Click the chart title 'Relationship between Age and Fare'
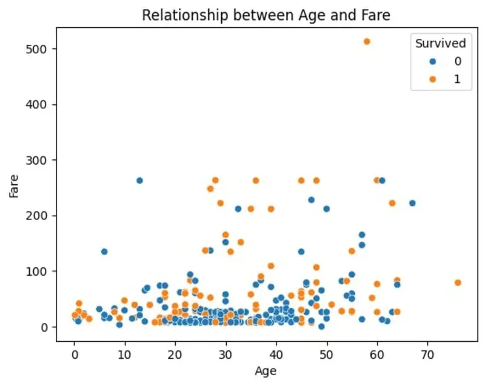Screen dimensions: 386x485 [266, 16]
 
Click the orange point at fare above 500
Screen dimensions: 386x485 [367, 41]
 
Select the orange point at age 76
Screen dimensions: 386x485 [458, 282]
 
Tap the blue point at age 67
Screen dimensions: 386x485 [412, 203]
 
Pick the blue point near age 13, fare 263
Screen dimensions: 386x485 [140, 181]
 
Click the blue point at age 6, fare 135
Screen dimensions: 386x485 [104, 251]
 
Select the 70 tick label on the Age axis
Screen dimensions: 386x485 [427, 350]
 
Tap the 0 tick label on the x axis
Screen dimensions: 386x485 [75, 350]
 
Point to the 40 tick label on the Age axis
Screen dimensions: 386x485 [276, 350]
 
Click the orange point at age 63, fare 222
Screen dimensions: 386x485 [392, 203]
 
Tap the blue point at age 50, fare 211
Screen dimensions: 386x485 [327, 209]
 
